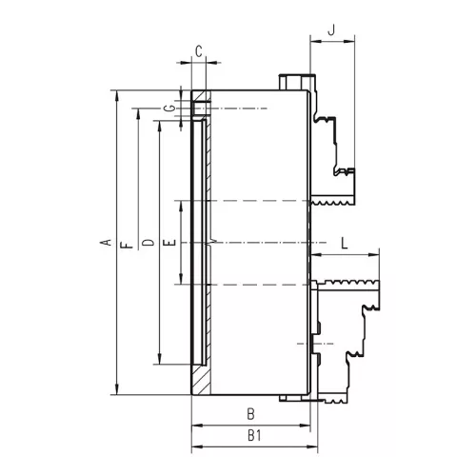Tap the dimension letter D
pos(148,243)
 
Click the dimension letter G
pos(170,109)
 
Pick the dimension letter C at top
pos(199,51)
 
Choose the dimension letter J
pos(331,30)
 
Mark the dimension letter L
pos(345,244)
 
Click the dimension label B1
pos(254,436)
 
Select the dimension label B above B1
pos(250,414)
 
